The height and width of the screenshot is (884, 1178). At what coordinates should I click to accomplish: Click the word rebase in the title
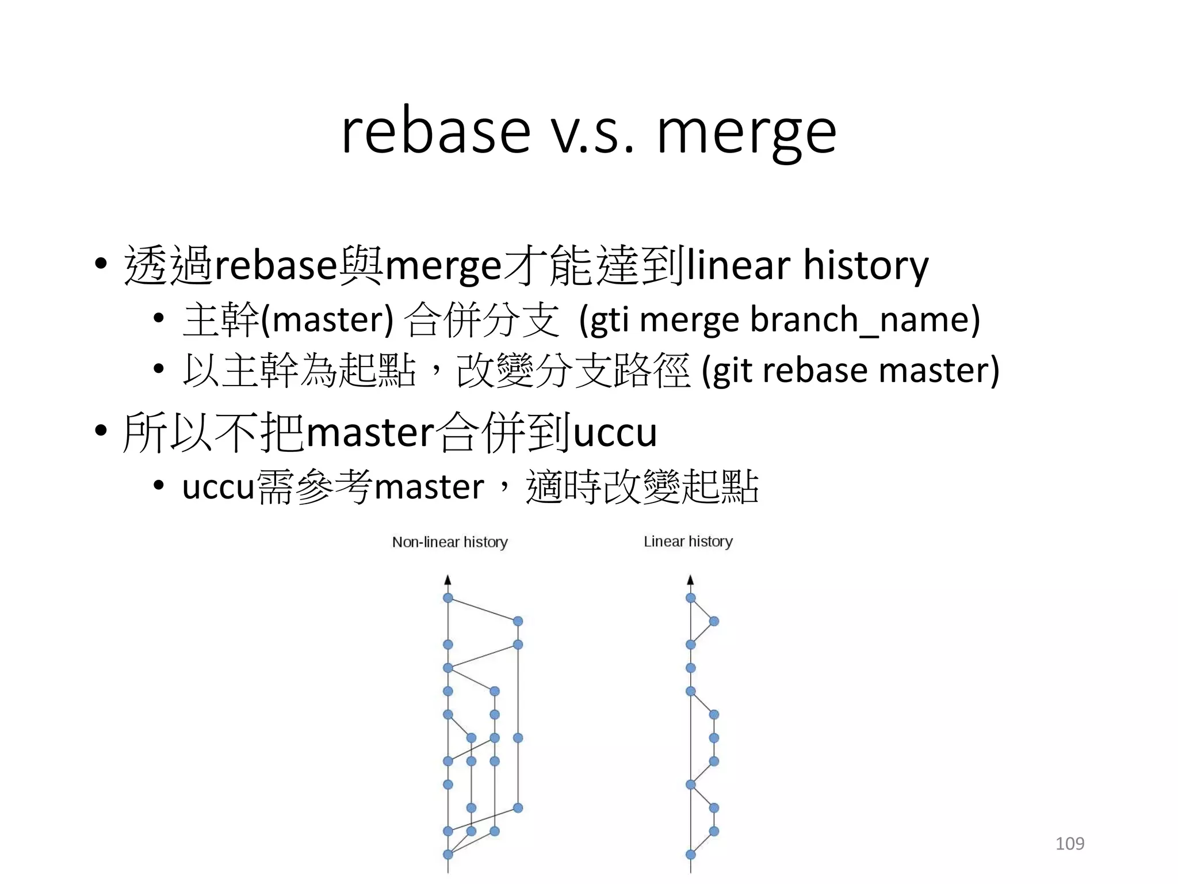pyautogui.click(x=435, y=132)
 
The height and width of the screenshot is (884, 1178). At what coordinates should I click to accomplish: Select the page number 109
pyautogui.click(x=1069, y=844)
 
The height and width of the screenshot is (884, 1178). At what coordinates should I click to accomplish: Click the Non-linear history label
pyautogui.click(x=450, y=542)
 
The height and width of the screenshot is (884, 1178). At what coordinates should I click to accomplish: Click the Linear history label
pyautogui.click(x=688, y=542)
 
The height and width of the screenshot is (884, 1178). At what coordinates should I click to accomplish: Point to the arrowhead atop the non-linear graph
pyautogui.click(x=448, y=580)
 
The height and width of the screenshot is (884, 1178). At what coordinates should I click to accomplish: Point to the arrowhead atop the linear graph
pyautogui.click(x=691, y=580)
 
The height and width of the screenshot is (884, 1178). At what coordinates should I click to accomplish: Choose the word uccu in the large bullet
pyautogui.click(x=615, y=433)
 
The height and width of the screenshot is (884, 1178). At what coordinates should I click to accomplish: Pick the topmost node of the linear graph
pyautogui.click(x=691, y=598)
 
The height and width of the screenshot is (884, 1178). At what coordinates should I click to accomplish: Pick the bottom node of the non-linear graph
pyautogui.click(x=448, y=855)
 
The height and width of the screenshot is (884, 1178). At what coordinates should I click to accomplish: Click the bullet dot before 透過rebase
pyautogui.click(x=101, y=264)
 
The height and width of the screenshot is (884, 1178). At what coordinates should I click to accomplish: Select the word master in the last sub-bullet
pyautogui.click(x=429, y=487)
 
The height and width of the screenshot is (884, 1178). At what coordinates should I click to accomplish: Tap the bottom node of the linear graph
pyautogui.click(x=691, y=855)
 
